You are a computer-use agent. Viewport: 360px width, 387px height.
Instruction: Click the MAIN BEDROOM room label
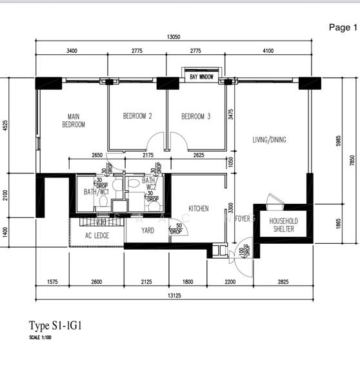tap(73, 121)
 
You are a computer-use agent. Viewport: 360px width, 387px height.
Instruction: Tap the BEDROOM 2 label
tap(137, 117)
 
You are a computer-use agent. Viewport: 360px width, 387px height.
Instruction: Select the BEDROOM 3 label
tap(195, 117)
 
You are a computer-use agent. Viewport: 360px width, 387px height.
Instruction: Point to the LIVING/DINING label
tap(269, 140)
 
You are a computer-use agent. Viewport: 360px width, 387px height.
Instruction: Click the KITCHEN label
tap(198, 208)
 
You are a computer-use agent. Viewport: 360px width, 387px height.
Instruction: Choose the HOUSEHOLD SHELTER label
tap(283, 225)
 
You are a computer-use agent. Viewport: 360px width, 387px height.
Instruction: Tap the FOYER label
tap(243, 219)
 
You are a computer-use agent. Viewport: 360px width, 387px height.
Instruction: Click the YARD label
tap(148, 230)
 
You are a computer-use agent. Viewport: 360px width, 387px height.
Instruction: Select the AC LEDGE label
tap(97, 235)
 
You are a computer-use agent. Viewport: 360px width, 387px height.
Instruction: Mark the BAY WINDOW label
tap(201, 77)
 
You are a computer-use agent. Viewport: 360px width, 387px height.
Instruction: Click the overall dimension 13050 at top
tap(172, 37)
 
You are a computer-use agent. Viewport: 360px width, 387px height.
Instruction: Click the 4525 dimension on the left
tap(6, 125)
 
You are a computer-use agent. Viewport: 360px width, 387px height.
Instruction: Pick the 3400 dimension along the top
tap(72, 51)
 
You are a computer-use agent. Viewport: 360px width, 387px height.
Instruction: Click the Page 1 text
tap(342, 27)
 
